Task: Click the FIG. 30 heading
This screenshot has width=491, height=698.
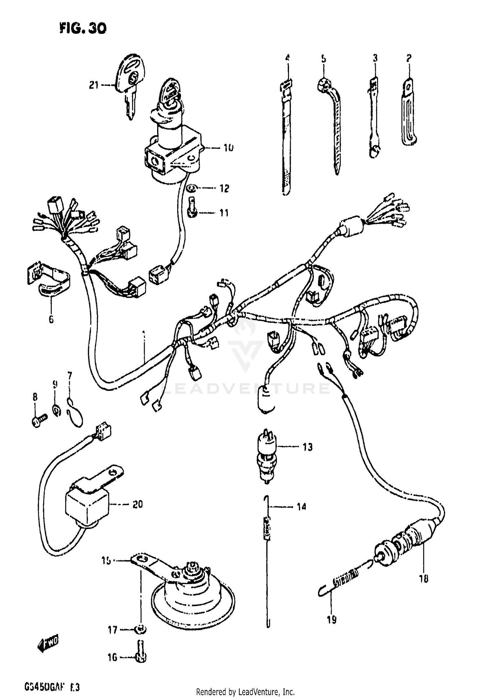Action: point(83,29)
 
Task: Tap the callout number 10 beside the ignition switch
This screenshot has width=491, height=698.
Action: point(228,148)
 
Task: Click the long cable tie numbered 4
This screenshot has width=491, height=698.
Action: point(286,138)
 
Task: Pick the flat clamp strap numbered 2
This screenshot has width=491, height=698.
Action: point(409,115)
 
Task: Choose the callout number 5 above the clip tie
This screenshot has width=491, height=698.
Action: point(323,59)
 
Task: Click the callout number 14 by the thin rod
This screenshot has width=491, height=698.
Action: point(301,507)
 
